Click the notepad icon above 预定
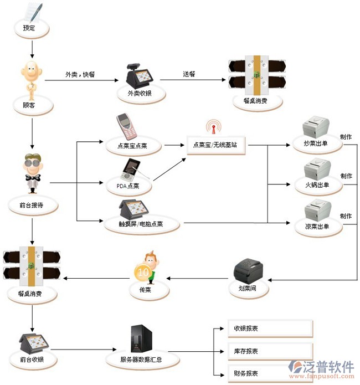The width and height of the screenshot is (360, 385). [32, 11]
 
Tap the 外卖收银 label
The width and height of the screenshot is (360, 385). [135, 94]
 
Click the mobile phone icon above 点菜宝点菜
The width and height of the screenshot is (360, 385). [127, 126]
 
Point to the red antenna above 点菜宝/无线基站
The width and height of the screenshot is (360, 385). [212, 126]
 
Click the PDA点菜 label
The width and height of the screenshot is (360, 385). [128, 186]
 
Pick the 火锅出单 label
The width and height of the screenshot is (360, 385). [317, 185]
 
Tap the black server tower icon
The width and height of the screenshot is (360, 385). [138, 337]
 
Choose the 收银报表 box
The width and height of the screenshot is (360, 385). [270, 328]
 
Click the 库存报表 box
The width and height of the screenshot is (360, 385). [270, 351]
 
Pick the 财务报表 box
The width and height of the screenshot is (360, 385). [270, 373]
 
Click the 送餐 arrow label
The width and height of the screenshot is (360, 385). [189, 74]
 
